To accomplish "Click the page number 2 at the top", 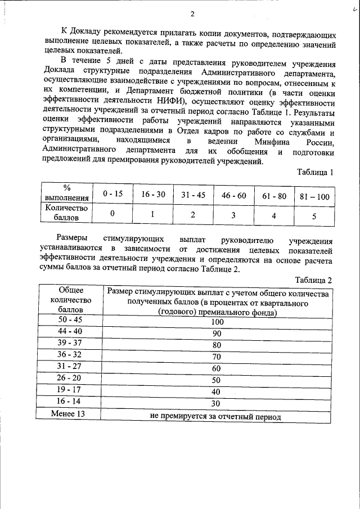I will [x=192, y=13].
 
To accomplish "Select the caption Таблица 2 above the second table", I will [x=314, y=280].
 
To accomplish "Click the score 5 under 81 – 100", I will [x=314, y=214].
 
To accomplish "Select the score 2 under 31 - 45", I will [x=193, y=214].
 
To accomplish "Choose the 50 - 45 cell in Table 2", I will [x=70, y=321].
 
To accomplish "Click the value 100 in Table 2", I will [x=218, y=322].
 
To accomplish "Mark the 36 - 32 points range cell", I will [x=70, y=355].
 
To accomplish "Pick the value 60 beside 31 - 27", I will [x=217, y=368].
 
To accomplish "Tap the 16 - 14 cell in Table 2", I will [x=70, y=402].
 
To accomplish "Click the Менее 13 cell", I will [x=70, y=415].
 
